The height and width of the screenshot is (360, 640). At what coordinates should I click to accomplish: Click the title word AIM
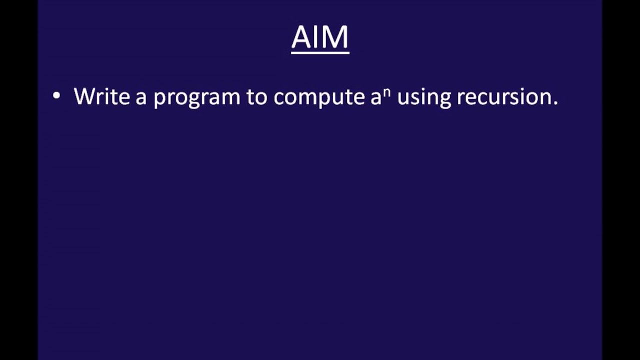point(320,37)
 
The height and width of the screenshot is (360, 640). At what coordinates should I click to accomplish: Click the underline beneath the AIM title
point(320,52)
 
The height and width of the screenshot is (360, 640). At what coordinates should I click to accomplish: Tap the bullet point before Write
point(56,95)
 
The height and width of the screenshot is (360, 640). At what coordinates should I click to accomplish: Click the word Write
point(102,96)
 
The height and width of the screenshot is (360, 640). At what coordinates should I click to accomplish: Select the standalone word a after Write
point(140,97)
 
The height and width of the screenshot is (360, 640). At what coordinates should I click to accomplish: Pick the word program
point(196,97)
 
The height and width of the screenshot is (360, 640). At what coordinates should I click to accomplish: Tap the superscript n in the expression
point(386,91)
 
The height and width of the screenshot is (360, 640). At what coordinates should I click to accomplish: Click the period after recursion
point(555,103)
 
